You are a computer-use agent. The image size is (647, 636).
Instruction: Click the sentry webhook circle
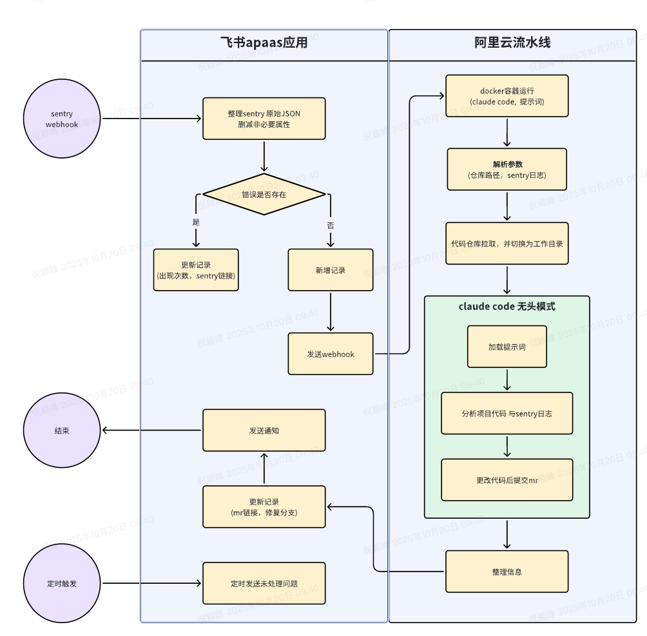pyautogui.click(x=62, y=119)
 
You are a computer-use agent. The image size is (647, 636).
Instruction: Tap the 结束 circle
pyautogui.click(x=62, y=430)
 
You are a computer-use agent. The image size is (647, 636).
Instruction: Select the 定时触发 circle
pyautogui.click(x=62, y=584)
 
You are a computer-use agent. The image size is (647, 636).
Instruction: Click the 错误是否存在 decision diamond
pyautogui.click(x=264, y=194)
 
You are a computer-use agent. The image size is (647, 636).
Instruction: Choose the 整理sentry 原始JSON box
pyautogui.click(x=264, y=119)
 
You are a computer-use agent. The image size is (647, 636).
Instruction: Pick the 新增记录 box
pyautogui.click(x=330, y=270)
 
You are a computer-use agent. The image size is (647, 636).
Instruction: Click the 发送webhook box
pyautogui.click(x=330, y=354)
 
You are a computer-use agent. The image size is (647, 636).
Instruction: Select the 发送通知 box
pyautogui.click(x=264, y=430)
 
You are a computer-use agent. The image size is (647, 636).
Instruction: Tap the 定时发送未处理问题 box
pyautogui.click(x=264, y=583)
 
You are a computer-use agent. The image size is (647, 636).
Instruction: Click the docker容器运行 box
pyautogui.click(x=507, y=96)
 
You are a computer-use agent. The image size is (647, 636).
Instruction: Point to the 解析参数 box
pyautogui.click(x=507, y=169)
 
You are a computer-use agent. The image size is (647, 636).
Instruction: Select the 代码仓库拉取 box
pyautogui.click(x=507, y=244)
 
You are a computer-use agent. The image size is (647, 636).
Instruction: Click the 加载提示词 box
pyautogui.click(x=507, y=347)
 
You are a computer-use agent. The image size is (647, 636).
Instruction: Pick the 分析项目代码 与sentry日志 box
pyautogui.click(x=507, y=413)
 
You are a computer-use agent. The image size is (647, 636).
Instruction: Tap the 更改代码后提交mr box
pyautogui.click(x=507, y=480)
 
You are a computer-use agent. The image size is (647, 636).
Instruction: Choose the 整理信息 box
pyautogui.click(x=507, y=572)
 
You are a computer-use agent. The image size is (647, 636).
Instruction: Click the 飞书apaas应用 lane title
pyautogui.click(x=264, y=44)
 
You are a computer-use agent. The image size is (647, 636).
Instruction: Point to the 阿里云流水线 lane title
pyautogui.click(x=512, y=44)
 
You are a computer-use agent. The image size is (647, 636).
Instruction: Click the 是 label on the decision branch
pyautogui.click(x=196, y=222)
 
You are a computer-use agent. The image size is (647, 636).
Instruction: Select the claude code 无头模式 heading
pyautogui.click(x=507, y=307)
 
